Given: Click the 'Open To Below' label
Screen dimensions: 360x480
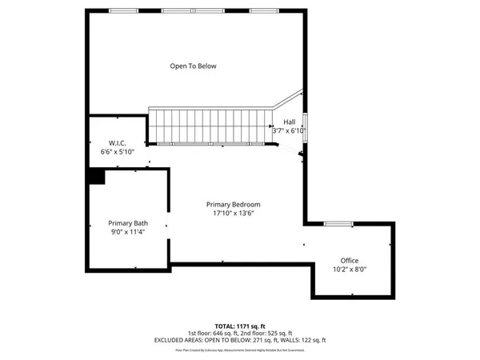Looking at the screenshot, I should [x=193, y=66].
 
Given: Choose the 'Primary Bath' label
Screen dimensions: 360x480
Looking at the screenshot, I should [x=128, y=223].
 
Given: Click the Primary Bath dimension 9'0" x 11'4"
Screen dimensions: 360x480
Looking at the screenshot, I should [x=128, y=232].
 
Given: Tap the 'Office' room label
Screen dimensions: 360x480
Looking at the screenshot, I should [x=349, y=261].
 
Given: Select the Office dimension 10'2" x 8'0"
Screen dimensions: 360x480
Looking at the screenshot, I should [x=349, y=270].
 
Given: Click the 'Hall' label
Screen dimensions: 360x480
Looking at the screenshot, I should [x=289, y=122].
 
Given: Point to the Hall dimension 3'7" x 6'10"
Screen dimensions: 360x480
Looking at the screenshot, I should [x=289, y=130].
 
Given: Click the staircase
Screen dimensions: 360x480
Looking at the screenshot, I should [x=212, y=125].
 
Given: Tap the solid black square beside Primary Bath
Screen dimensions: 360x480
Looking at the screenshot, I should [x=97, y=177].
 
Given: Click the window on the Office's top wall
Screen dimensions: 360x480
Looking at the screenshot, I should [x=338, y=223].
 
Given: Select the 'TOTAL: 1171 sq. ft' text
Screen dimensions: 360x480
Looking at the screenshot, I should [x=240, y=326].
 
